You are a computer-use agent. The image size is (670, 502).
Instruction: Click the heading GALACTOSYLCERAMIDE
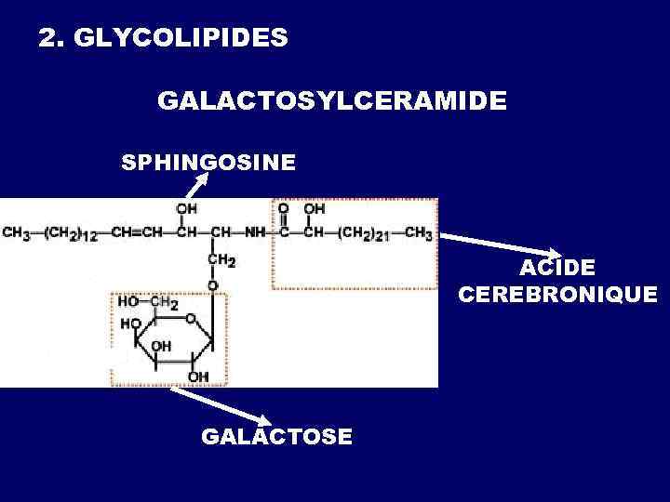point(332,100)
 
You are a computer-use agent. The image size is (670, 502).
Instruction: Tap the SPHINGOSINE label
point(209,163)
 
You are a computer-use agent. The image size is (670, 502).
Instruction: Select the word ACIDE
point(557,269)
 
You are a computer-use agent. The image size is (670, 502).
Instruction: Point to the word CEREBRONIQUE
point(557,295)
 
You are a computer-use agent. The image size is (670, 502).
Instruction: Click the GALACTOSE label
point(276,436)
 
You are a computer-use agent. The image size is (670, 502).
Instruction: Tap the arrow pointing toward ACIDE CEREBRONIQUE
point(498,245)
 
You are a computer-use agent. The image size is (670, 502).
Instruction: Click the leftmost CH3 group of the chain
point(16,232)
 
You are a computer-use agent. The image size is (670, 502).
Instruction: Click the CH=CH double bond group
point(134,232)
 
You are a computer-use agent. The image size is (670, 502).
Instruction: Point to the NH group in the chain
point(255,232)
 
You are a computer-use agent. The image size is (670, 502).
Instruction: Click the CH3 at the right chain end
point(418,232)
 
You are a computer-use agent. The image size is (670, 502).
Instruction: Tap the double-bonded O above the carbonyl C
point(284,210)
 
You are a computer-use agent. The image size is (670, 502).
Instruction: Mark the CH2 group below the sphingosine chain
point(221,261)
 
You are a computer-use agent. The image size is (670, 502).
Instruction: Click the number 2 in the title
point(45,39)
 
